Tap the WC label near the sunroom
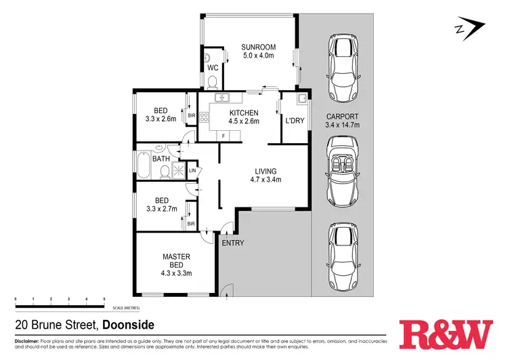point(212,68)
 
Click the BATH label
point(161,159)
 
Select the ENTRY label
point(234,242)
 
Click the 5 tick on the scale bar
point(104,299)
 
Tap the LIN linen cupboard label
point(192,169)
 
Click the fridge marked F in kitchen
point(223,136)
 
